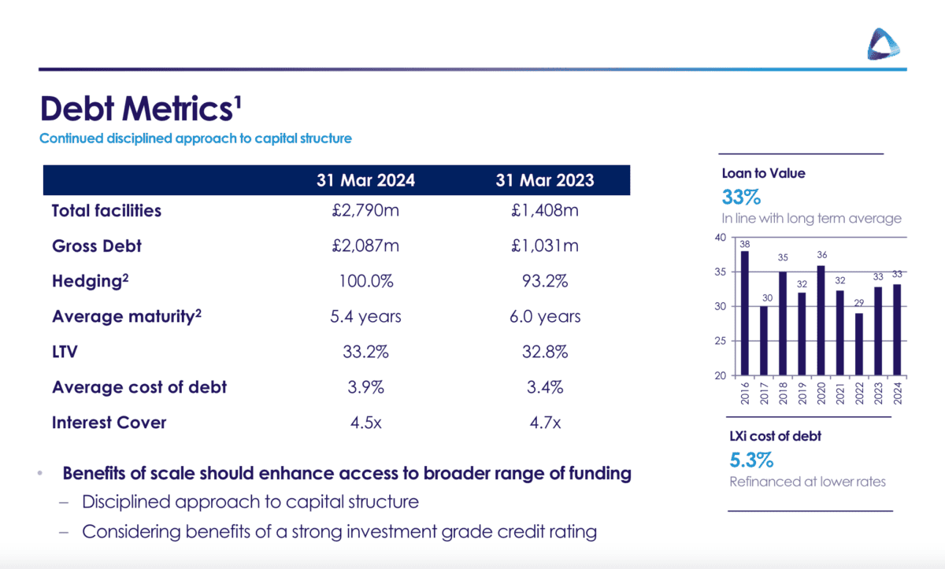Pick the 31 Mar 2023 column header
pos(545,180)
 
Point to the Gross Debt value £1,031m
pos(545,246)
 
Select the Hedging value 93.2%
pos(545,282)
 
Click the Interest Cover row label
pos(109,423)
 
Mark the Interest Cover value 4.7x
pos(545,423)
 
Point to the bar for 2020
pos(821,320)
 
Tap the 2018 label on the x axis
pos(784,391)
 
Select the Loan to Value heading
pos(763,173)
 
